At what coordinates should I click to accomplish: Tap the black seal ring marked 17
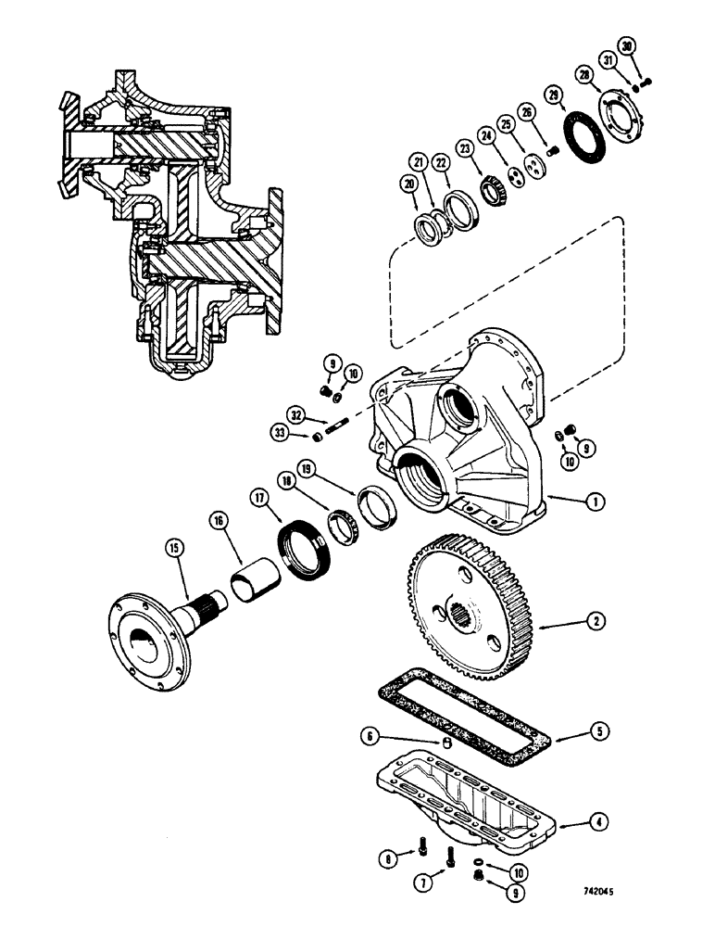click(x=305, y=552)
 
